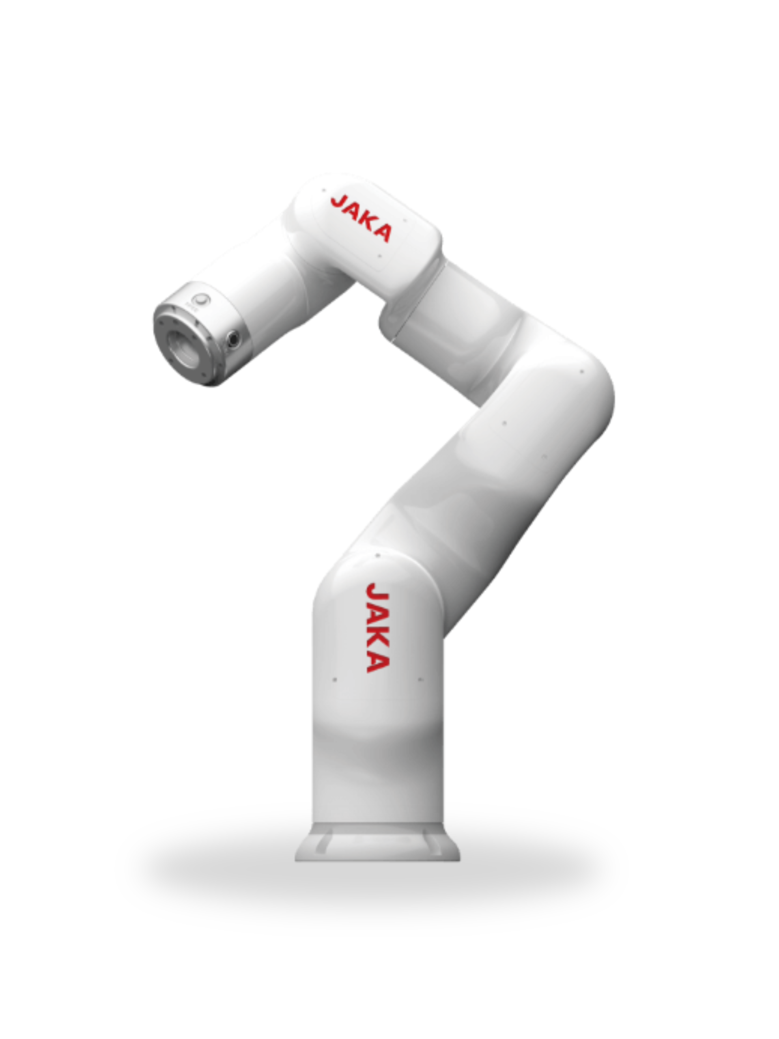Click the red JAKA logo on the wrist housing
361,218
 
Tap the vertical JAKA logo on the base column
377,627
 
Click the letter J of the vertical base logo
377,592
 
